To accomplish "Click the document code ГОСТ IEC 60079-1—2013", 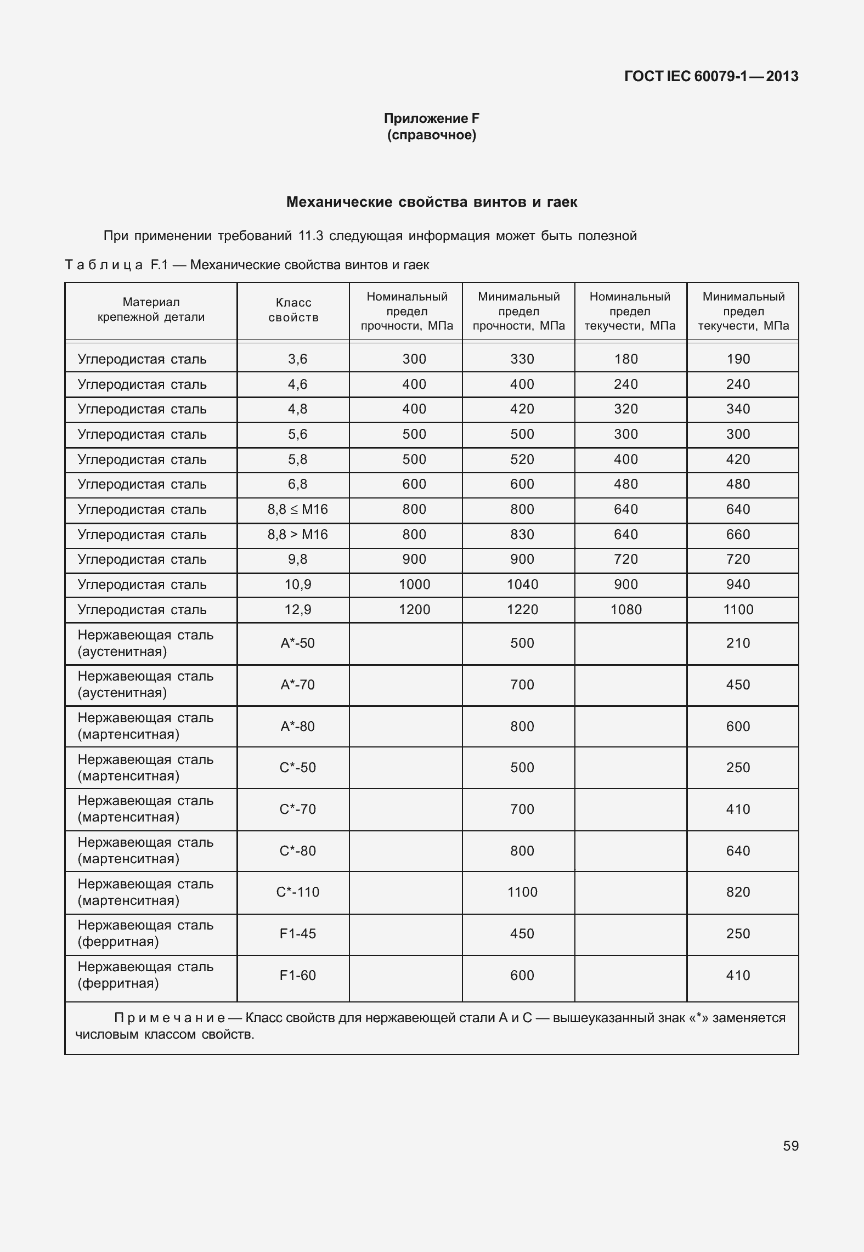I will pos(711,76).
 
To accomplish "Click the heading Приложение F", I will pos(431,118).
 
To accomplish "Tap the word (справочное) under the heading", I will pos(431,135).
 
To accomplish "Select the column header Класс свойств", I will pos(293,310).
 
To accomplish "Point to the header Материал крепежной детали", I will pos(151,309).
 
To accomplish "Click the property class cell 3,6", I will pos(297,359).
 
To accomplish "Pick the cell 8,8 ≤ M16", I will pos(297,509).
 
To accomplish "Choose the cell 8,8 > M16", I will pos(297,535).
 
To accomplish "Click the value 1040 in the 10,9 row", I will pos(522,585).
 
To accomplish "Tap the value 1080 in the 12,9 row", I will pos(626,610).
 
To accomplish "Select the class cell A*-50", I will pos(297,643).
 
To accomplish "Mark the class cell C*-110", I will pos(297,892).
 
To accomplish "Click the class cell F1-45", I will pos(297,934).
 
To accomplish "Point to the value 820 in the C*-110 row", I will pos(738,892).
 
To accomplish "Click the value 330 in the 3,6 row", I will pos(522,359).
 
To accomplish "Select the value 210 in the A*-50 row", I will pos(738,643).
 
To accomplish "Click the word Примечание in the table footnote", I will pos(170,1018).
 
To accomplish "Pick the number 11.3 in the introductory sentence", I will pos(310,236).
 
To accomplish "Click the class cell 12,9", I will pos(297,610).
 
